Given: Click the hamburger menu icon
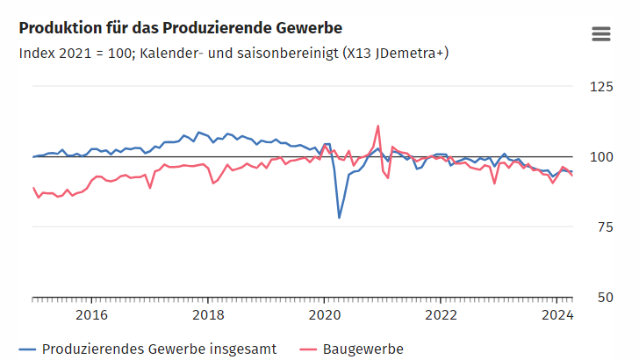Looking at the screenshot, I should tap(601, 33).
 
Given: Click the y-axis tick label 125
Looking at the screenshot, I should tap(601, 86).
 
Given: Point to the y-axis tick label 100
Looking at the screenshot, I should tap(601, 156).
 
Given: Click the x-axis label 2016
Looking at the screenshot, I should tap(92, 314).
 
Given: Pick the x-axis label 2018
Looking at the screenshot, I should tap(208, 314).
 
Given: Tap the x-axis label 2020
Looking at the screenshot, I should tap(324, 314).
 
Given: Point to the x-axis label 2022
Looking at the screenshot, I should tap(440, 314).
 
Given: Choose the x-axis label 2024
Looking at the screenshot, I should tap(556, 314).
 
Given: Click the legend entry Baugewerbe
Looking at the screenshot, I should tap(363, 349).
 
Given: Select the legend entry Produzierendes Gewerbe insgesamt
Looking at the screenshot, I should tap(159, 349).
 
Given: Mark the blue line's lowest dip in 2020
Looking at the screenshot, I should tap(340, 217).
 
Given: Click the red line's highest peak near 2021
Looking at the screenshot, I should tap(378, 126).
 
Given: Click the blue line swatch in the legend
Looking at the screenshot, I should tap(28, 349).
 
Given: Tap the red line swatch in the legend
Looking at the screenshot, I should tap(309, 349).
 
